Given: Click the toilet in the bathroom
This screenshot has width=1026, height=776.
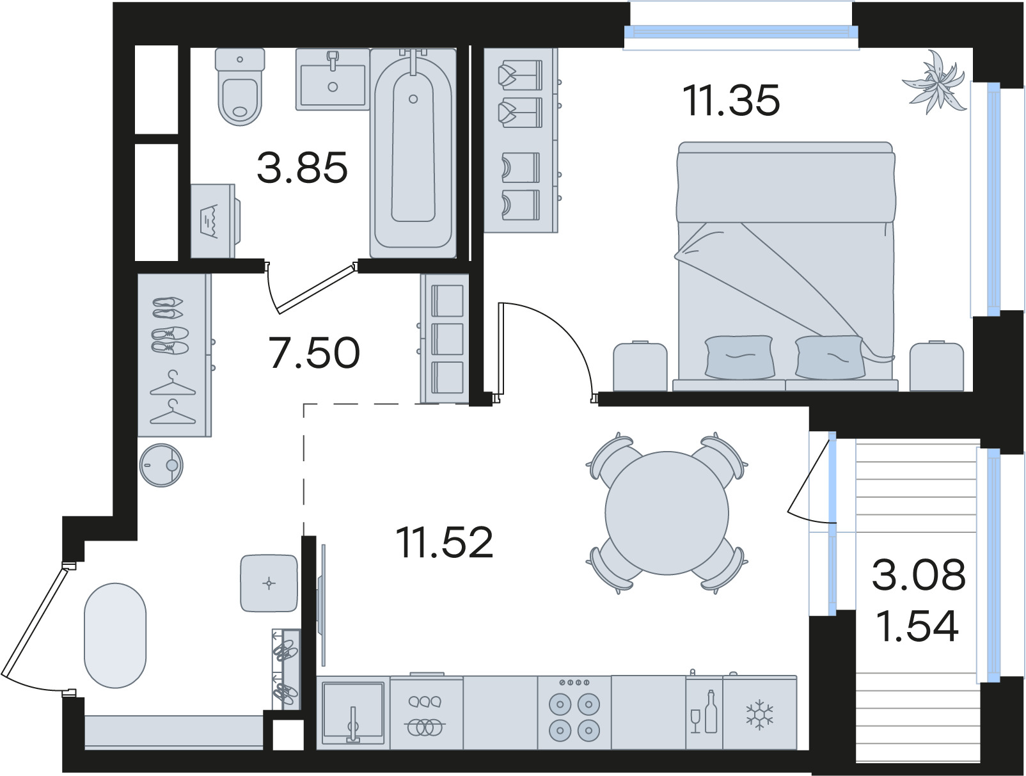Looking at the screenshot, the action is tap(240, 87).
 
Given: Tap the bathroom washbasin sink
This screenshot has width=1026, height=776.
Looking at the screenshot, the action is tap(333, 79).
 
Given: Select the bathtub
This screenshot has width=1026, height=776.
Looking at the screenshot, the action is tap(413, 154).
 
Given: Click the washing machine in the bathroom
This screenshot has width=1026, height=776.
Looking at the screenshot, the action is tap(215, 221).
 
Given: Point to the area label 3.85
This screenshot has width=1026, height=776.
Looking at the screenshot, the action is tap(303, 167).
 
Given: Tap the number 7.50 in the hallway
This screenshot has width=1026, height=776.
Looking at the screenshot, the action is tap(314, 352).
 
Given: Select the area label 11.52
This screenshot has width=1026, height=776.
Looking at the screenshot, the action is tap(445, 542).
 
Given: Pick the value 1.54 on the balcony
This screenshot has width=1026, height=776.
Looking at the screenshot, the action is tap(918, 628).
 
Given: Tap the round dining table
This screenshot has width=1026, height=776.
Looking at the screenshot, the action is tap(667, 513).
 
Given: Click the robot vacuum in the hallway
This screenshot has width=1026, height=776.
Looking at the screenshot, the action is tap(161, 465).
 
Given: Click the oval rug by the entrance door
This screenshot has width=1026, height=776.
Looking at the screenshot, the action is tap(115, 635).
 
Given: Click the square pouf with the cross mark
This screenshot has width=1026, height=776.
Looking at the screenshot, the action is tap(269, 583).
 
